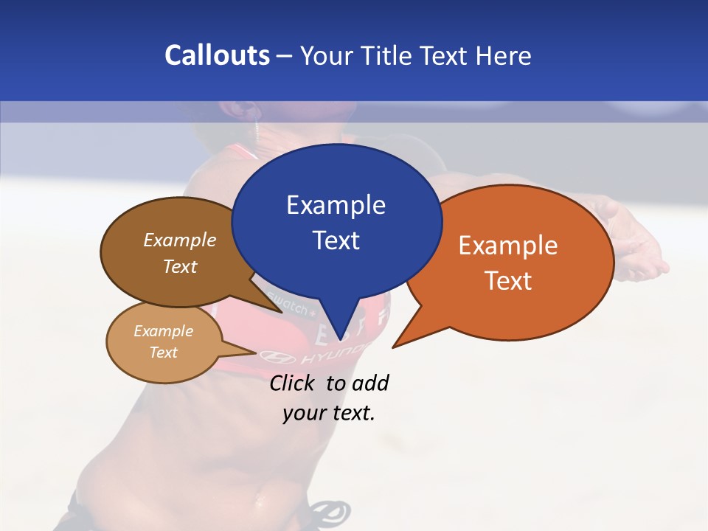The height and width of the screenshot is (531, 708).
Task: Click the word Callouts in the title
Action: point(217,55)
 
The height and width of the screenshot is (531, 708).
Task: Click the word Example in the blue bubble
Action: point(336,205)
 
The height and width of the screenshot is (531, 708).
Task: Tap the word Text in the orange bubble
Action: point(508,280)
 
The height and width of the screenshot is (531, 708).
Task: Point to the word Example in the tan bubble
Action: point(163,331)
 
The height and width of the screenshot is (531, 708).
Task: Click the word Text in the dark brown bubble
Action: point(180,266)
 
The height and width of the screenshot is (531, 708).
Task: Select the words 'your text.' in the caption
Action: point(329,413)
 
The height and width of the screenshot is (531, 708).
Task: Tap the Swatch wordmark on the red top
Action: point(289,303)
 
